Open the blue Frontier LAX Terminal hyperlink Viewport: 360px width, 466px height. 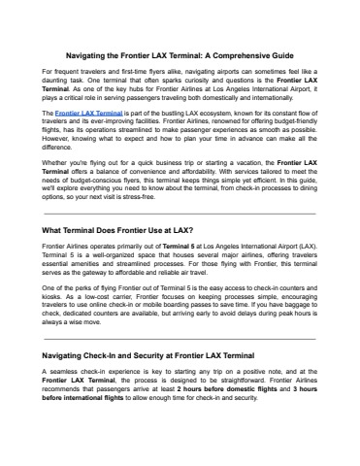pos(89,114)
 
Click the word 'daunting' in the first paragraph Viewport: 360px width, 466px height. pos(61,84)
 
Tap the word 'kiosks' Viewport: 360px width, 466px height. pos(57,313)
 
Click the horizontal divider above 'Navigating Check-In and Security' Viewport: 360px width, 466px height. pos(180,339)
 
